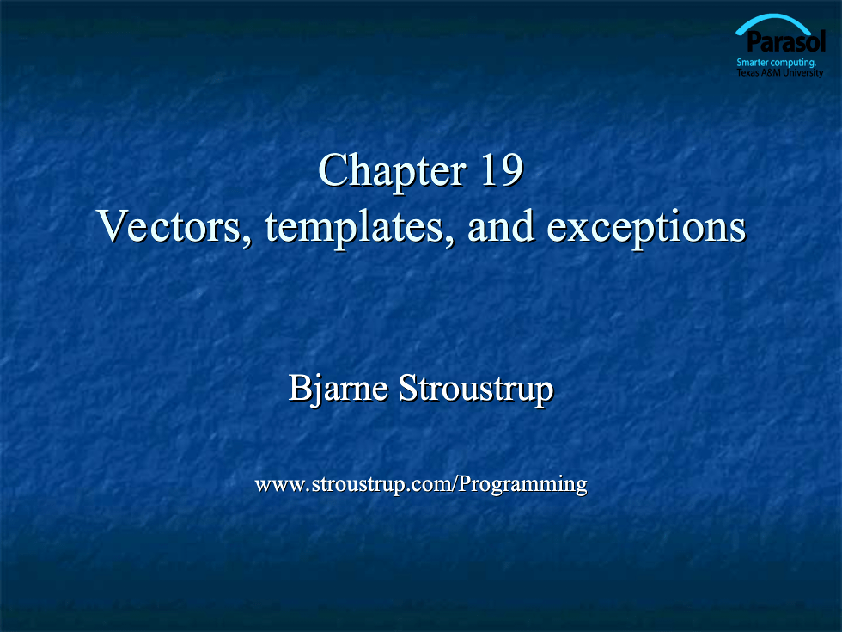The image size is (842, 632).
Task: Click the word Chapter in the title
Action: [x=392, y=172]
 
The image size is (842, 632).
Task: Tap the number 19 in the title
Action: [x=502, y=170]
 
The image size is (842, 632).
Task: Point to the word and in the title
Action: [x=500, y=225]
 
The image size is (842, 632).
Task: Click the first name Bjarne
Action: [x=339, y=389]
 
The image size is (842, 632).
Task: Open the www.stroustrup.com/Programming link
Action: [x=421, y=485]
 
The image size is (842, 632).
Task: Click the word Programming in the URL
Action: [x=523, y=485]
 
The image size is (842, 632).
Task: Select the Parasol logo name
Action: [x=786, y=41]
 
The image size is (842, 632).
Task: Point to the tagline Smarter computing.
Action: [x=776, y=62]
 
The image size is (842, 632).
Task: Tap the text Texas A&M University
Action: [x=780, y=72]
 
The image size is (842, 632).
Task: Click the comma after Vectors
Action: [x=247, y=241]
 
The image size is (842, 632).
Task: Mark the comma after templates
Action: [x=450, y=241]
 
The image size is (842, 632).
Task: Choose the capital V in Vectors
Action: [x=113, y=226]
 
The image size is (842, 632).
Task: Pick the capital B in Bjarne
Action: [x=301, y=387]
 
